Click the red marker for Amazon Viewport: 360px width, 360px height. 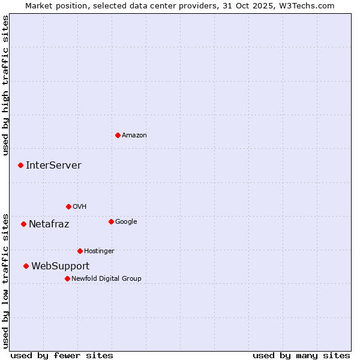(x=118, y=135)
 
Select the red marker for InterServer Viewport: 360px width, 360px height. (x=20, y=165)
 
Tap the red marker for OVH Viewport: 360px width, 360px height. (x=68, y=206)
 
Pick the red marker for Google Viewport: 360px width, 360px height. (x=111, y=221)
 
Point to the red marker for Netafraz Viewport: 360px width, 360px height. (x=23, y=224)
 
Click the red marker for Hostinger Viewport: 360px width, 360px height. (x=80, y=251)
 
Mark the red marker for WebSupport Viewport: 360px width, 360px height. (x=26, y=266)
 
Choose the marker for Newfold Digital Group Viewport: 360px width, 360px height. (x=67, y=278)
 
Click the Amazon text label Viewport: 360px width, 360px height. (x=134, y=136)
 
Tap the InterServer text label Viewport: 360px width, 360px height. (x=53, y=166)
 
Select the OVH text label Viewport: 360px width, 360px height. (x=80, y=207)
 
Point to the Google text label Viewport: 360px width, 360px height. (x=126, y=222)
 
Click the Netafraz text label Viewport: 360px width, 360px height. (x=49, y=224)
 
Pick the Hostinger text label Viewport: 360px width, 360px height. (x=99, y=251)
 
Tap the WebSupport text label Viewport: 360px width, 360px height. (x=60, y=266)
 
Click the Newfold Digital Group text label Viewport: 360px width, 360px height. (x=106, y=279)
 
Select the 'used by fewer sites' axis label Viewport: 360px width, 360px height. (x=62, y=355)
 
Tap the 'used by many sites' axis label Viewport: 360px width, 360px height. (x=301, y=355)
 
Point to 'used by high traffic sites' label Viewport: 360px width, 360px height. (x=5, y=85)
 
